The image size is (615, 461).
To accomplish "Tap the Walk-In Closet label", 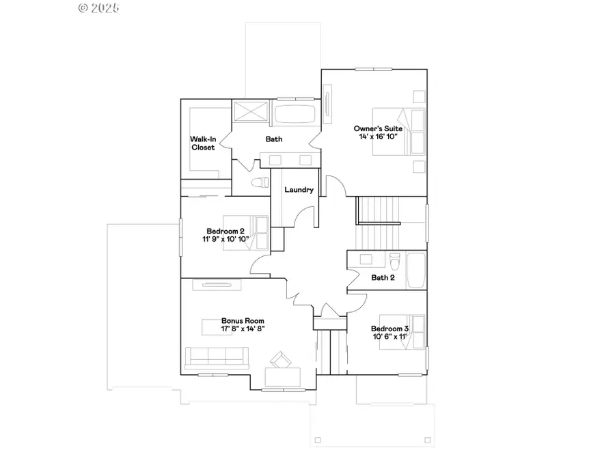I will [x=203, y=143].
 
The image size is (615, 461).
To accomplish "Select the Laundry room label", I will [x=299, y=190].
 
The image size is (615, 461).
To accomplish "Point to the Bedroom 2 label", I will [x=225, y=231].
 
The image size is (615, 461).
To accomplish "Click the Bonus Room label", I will [x=243, y=320].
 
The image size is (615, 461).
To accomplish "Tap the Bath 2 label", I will [x=383, y=278].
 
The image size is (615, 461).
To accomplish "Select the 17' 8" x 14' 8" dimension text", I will [x=243, y=329].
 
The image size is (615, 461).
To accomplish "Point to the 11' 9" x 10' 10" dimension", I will [x=225, y=240].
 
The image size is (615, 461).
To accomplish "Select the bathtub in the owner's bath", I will [x=295, y=114].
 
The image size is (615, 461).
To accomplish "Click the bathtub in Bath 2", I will [x=415, y=270].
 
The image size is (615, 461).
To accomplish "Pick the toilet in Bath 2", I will [x=394, y=261].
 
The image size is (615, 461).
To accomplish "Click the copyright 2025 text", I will [x=99, y=8].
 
